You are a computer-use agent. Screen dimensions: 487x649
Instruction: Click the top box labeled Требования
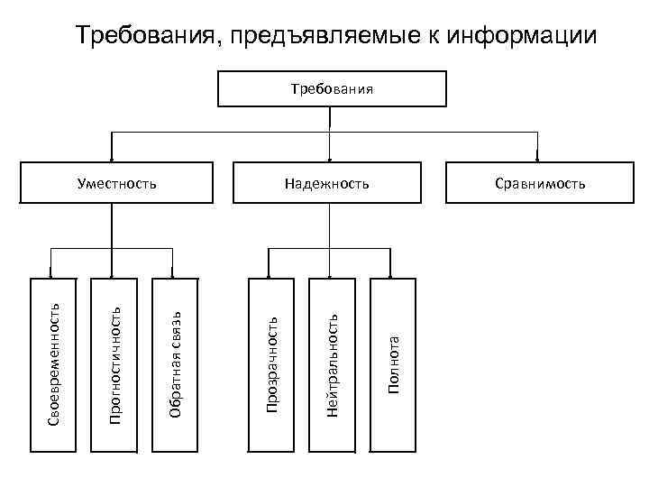click(332, 89)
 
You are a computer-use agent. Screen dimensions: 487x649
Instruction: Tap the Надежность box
click(326, 183)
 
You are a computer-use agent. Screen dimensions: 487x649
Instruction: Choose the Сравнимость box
click(539, 183)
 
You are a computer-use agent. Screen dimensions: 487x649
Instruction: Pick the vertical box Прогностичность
click(114, 363)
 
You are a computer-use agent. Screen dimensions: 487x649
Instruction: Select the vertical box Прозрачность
click(270, 363)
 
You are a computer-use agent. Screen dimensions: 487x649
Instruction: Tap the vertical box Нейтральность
click(332, 363)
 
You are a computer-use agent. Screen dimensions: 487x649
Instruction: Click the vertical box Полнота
click(393, 363)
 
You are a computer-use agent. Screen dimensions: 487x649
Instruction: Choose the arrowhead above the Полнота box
click(392, 274)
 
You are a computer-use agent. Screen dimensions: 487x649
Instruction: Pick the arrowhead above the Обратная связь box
click(174, 274)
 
